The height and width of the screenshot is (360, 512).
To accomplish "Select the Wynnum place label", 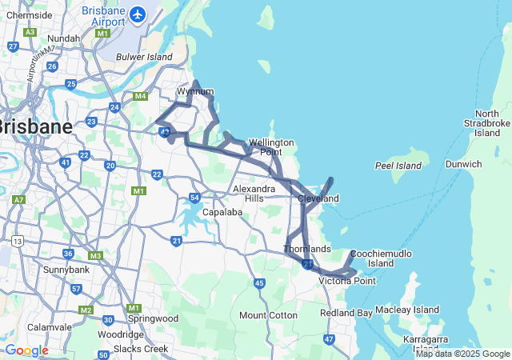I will pyautogui.click(x=195, y=91).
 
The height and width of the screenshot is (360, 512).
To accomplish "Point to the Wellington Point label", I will pyautogui.click(x=271, y=146).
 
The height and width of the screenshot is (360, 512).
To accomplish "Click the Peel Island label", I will pyautogui.click(x=398, y=166).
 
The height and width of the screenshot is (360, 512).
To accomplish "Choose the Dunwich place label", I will pyautogui.click(x=463, y=164).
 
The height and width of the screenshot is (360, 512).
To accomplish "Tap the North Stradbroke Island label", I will pyautogui.click(x=486, y=123).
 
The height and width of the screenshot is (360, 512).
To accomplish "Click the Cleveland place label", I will pyautogui.click(x=318, y=198).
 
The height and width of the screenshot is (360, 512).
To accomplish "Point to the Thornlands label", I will pyautogui.click(x=306, y=249).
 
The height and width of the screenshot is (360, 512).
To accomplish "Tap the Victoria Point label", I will pyautogui.click(x=347, y=281).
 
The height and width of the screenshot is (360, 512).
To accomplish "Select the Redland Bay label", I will pyautogui.click(x=346, y=313).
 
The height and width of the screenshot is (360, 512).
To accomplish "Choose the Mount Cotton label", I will pyautogui.click(x=268, y=315).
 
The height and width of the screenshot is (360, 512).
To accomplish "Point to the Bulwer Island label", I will pyautogui.click(x=144, y=57).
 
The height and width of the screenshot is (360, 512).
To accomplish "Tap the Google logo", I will pyautogui.click(x=26, y=350).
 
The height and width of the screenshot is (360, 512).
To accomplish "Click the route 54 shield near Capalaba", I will pyautogui.click(x=194, y=198).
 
